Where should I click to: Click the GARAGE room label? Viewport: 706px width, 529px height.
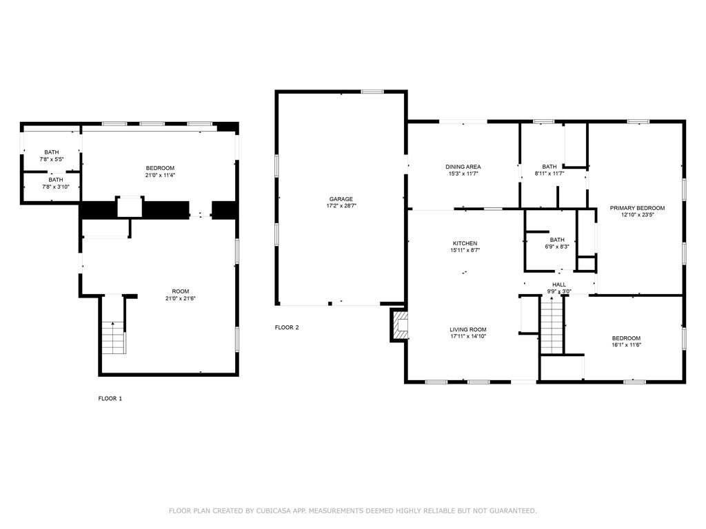[341, 199]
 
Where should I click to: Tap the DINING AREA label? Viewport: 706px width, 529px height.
[463, 167]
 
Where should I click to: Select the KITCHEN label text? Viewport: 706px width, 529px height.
[465, 243]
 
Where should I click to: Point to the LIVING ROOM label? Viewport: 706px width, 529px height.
[468, 329]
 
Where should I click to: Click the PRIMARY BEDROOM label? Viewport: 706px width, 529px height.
[637, 208]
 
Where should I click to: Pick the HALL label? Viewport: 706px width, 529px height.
[558, 284]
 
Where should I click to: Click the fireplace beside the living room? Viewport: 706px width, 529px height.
[399, 324]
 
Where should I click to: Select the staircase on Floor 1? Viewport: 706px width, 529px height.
[113, 338]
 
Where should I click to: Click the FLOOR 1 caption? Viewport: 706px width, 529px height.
[110, 399]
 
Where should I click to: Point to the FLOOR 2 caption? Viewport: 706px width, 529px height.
[287, 327]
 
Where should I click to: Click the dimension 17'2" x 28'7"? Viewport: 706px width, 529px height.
[341, 206]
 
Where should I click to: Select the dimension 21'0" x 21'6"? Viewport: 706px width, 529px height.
[181, 298]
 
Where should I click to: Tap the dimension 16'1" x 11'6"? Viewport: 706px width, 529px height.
[626, 345]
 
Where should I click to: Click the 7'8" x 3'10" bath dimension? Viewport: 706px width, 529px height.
[56, 187]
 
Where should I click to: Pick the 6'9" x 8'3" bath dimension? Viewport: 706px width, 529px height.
[557, 247]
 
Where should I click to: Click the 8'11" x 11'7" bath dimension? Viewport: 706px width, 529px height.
[549, 173]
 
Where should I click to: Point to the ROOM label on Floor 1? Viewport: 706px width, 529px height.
[181, 291]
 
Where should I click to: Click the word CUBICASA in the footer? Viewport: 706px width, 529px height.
[274, 510]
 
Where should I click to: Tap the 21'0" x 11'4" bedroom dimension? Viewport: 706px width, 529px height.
[160, 175]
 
